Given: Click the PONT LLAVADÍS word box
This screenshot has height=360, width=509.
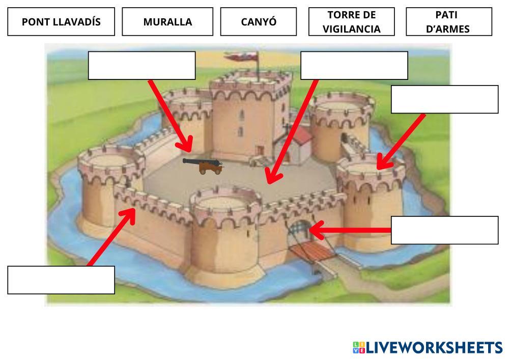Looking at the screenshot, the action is pyautogui.click(x=61, y=22).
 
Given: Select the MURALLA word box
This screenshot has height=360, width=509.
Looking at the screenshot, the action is pyautogui.click(x=167, y=22).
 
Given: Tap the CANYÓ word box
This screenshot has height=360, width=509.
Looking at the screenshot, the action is pyautogui.click(x=258, y=22).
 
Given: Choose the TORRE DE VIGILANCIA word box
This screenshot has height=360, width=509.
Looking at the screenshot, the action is pyautogui.click(x=351, y=22).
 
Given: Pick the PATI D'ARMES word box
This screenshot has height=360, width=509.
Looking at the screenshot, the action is pyautogui.click(x=449, y=22).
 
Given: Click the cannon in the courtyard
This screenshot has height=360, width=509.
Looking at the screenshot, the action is pyautogui.click(x=204, y=164).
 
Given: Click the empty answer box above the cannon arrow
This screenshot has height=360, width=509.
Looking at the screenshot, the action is pyautogui.click(x=142, y=65).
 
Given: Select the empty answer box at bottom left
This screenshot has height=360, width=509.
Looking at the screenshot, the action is pyautogui.click(x=61, y=280).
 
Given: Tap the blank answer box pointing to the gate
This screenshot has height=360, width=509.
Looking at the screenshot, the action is pyautogui.click(x=444, y=230).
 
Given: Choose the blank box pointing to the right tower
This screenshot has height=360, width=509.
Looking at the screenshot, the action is pyautogui.click(x=444, y=99).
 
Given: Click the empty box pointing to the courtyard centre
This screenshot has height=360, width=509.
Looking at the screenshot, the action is pyautogui.click(x=354, y=65).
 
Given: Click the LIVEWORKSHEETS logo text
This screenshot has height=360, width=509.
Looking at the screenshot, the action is pyautogui.click(x=434, y=348).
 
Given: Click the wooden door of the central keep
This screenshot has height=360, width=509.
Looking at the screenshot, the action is pyautogui.click(x=260, y=151).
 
